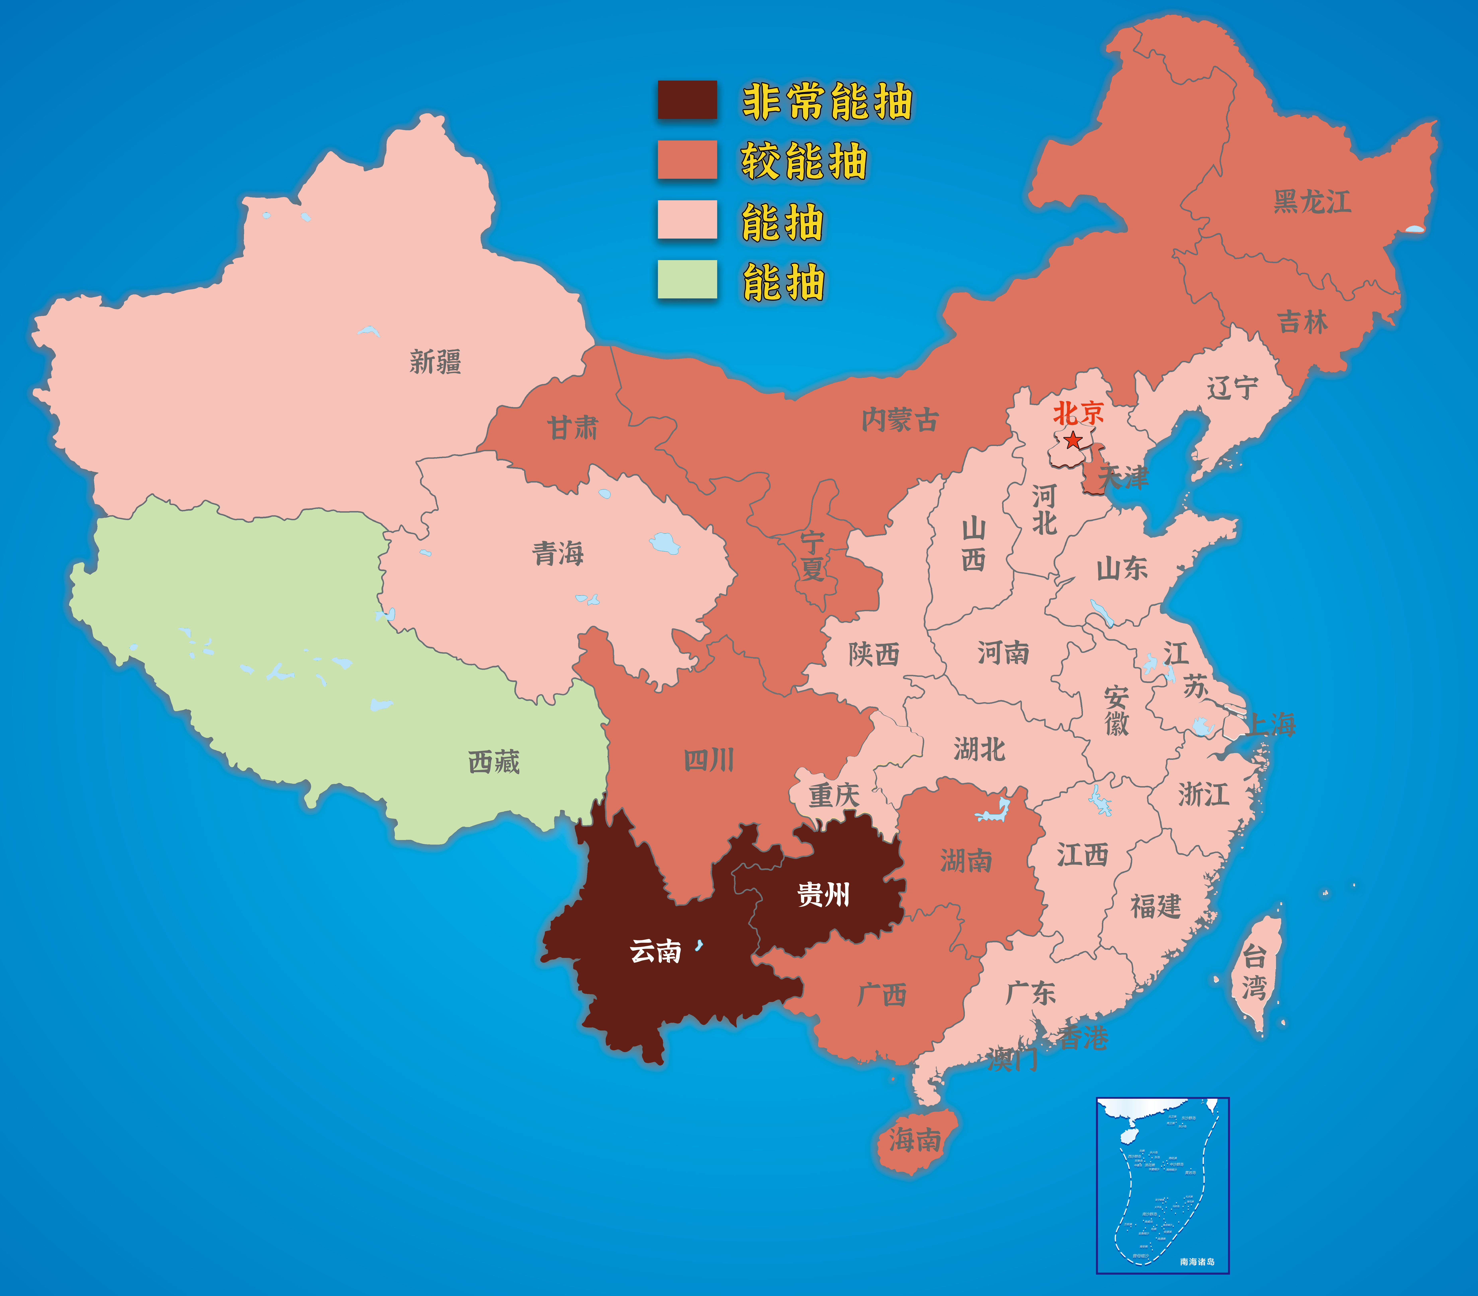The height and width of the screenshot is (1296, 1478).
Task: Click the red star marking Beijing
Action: (1073, 440)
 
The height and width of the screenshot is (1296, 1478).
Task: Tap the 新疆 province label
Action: (435, 362)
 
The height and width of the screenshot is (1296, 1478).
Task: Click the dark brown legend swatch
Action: (687, 100)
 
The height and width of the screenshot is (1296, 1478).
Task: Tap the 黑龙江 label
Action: (1312, 202)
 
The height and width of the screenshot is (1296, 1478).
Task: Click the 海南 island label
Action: (915, 1140)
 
